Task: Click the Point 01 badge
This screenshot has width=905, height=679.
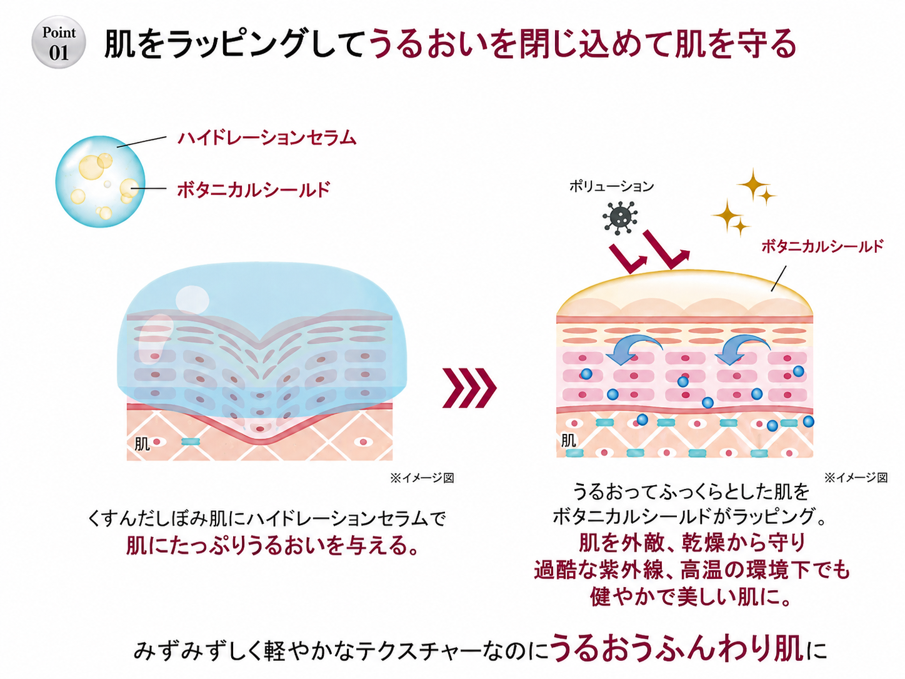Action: (59, 42)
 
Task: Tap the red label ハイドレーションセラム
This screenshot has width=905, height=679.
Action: (267, 138)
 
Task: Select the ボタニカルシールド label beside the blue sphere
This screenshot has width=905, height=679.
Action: (254, 189)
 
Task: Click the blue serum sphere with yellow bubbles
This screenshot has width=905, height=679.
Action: (100, 181)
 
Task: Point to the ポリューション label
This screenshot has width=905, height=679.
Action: (611, 187)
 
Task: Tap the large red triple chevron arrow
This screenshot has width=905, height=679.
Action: (469, 388)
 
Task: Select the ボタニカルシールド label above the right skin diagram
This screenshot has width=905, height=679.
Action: (822, 246)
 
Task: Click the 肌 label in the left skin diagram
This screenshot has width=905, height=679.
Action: (142, 444)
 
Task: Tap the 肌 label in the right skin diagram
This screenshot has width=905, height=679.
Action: (568, 441)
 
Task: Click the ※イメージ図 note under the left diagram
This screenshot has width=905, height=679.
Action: (422, 478)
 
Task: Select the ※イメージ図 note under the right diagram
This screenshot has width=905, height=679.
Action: (856, 478)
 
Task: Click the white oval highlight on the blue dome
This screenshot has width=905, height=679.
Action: (192, 299)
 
